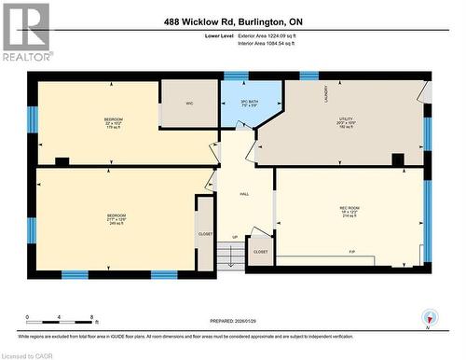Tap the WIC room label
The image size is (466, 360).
(188, 104)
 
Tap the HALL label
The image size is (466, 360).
(244, 194)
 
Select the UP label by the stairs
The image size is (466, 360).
(235, 237)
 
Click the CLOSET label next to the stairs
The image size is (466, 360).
(261, 252)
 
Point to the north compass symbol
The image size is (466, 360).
(429, 317)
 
